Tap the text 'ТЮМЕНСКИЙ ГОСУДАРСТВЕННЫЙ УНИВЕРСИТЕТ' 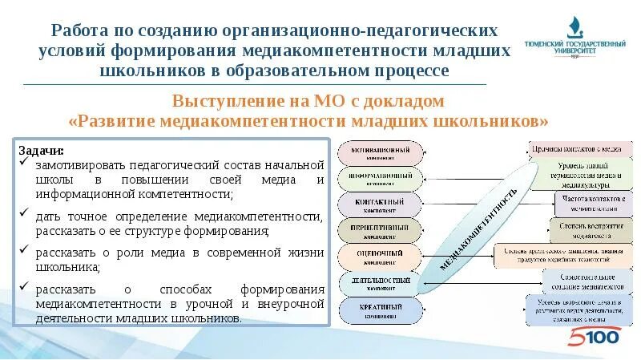574,49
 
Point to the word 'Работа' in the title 80,30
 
